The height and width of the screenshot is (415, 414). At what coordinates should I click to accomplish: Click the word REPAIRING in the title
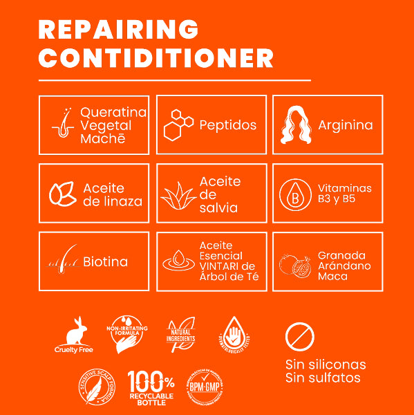(118, 29)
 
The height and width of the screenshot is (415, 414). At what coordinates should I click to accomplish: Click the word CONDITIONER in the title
(156, 57)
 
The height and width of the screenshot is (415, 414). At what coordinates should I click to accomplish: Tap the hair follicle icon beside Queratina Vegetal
(62, 125)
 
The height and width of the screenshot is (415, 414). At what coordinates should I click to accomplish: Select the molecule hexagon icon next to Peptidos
(178, 125)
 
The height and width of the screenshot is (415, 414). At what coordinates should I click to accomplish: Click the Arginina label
(345, 125)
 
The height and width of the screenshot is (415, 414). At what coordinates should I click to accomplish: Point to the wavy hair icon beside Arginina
(296, 125)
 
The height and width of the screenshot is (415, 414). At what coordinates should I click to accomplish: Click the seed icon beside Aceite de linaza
(62, 194)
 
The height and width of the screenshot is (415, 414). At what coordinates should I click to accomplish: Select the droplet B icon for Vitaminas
(295, 194)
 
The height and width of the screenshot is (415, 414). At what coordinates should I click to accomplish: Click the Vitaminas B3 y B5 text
(344, 194)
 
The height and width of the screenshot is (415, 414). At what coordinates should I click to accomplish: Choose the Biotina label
(105, 262)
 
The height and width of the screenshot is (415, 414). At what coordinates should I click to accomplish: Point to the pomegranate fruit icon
(295, 263)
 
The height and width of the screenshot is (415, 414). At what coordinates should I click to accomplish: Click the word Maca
(332, 276)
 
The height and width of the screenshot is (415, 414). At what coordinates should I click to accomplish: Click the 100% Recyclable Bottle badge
(151, 387)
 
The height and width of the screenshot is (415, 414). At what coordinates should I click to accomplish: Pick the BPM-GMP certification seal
(207, 387)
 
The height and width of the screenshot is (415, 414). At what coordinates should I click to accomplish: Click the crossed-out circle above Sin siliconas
(299, 337)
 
